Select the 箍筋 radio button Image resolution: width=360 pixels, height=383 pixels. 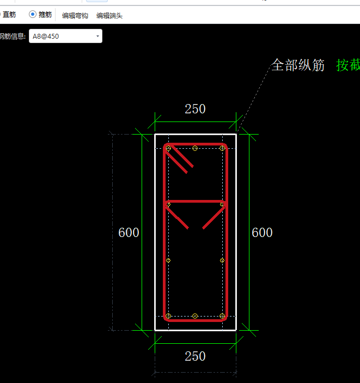(x=33, y=14)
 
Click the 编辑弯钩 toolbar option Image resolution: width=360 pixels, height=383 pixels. (x=75, y=16)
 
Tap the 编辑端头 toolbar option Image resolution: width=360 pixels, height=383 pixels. (x=109, y=16)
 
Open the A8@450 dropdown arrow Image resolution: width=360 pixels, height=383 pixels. (x=97, y=36)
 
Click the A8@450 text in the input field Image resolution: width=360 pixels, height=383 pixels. (x=46, y=37)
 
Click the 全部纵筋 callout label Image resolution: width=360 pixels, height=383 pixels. (x=298, y=65)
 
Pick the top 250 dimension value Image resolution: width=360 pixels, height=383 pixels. (x=195, y=109)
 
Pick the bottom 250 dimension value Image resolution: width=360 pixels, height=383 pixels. (x=195, y=356)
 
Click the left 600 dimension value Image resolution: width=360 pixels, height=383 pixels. (x=129, y=232)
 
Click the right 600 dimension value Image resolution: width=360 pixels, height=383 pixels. (x=262, y=232)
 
